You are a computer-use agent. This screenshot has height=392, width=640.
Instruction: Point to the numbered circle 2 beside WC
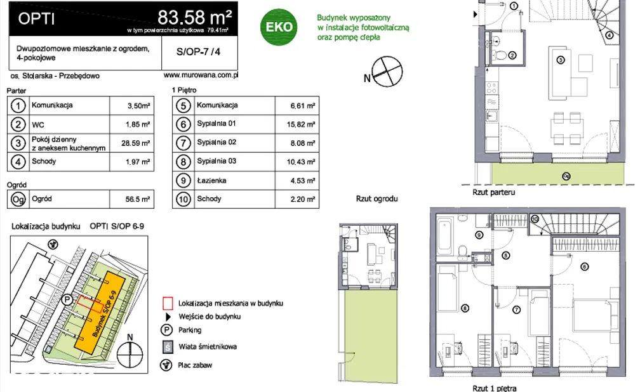(x=19, y=124)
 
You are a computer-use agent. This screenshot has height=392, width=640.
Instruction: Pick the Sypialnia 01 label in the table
(x=216, y=124)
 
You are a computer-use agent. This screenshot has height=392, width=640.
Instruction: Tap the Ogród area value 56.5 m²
(x=137, y=199)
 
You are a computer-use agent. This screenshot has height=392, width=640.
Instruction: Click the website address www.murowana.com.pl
(x=200, y=75)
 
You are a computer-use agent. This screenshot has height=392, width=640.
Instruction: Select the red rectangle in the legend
(x=167, y=303)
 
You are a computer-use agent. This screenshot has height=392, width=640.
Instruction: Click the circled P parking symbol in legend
(x=167, y=330)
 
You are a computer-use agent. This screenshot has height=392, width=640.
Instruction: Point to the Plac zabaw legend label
(x=196, y=365)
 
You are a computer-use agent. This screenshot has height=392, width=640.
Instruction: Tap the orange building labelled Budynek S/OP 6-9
(x=100, y=311)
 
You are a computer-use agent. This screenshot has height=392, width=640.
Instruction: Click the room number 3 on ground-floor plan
(x=560, y=61)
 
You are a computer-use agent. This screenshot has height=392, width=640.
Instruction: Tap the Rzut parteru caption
(x=493, y=192)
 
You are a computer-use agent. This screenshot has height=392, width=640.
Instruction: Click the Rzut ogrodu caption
(x=377, y=199)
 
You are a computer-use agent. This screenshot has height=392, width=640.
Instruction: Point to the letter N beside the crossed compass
(x=367, y=78)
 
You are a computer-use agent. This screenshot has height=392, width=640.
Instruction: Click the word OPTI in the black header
(x=36, y=18)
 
